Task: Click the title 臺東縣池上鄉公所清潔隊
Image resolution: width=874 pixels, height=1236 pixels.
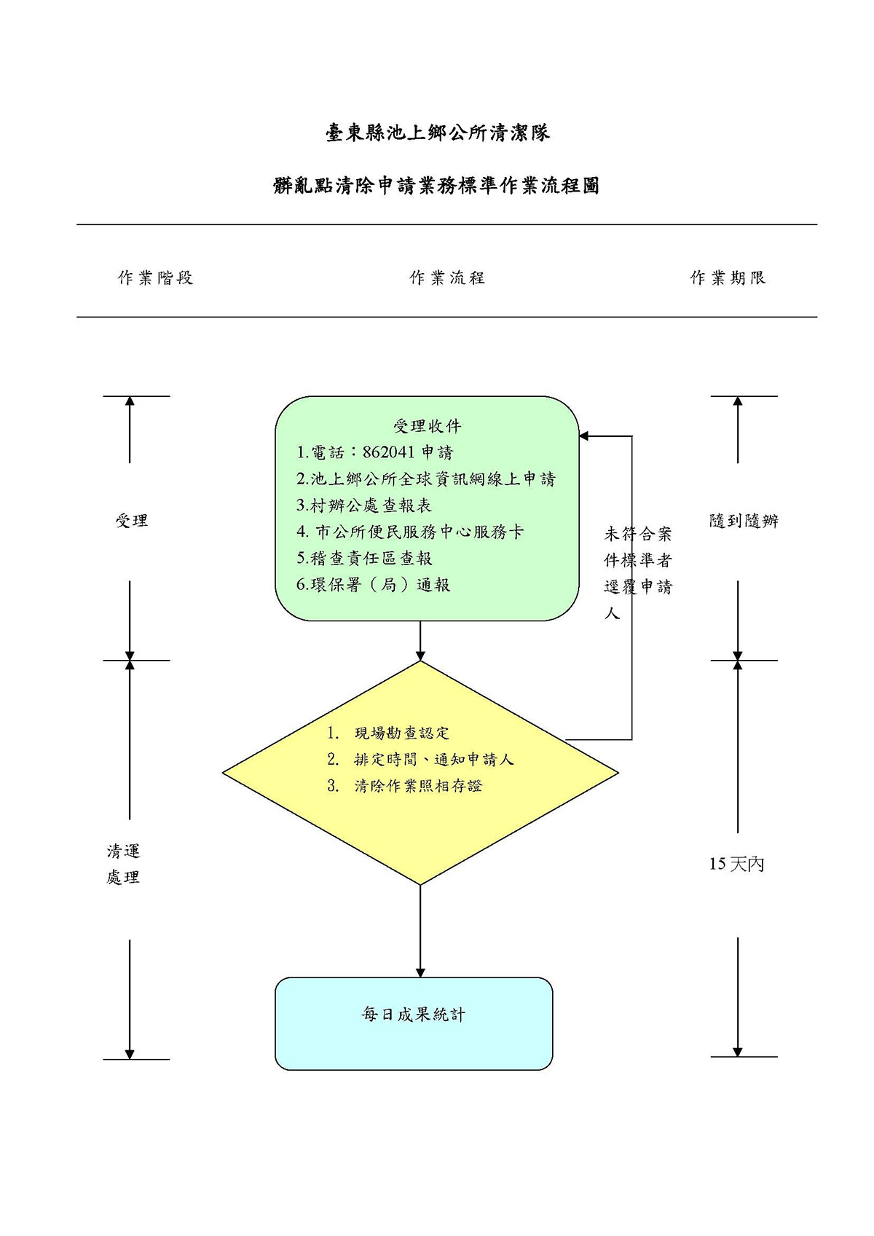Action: (437, 133)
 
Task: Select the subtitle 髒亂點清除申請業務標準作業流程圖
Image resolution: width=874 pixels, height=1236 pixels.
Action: (436, 186)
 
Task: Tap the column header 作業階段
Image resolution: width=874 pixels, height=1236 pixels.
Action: (155, 277)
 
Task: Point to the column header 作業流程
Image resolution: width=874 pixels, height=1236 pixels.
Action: (447, 277)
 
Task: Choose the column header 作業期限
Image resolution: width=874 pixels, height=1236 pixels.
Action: (728, 277)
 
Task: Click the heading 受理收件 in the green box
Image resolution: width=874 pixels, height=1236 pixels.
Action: (427, 426)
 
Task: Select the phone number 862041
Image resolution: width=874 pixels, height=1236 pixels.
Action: (388, 452)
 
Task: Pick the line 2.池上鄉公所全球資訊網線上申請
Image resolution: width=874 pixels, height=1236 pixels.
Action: (425, 479)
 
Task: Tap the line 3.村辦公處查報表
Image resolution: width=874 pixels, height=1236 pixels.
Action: (363, 505)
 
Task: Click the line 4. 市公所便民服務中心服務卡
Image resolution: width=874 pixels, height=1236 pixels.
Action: (410, 532)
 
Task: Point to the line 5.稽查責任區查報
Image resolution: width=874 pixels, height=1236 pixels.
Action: (364, 559)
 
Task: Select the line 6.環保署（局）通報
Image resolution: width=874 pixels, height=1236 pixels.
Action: (373, 585)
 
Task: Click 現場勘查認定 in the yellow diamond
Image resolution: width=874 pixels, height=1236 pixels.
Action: (402, 733)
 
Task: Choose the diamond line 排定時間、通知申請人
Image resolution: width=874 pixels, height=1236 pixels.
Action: (433, 760)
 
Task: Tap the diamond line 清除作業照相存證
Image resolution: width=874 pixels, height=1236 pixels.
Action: (418, 787)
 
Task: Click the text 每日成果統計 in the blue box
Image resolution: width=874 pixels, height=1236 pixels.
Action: (414, 1015)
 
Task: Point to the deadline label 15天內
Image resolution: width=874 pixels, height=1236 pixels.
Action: (736, 864)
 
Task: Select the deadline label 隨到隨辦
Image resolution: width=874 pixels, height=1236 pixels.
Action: (744, 521)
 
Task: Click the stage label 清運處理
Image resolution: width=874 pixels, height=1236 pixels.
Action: (123, 864)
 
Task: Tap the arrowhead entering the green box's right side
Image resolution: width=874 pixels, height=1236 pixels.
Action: (584, 436)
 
